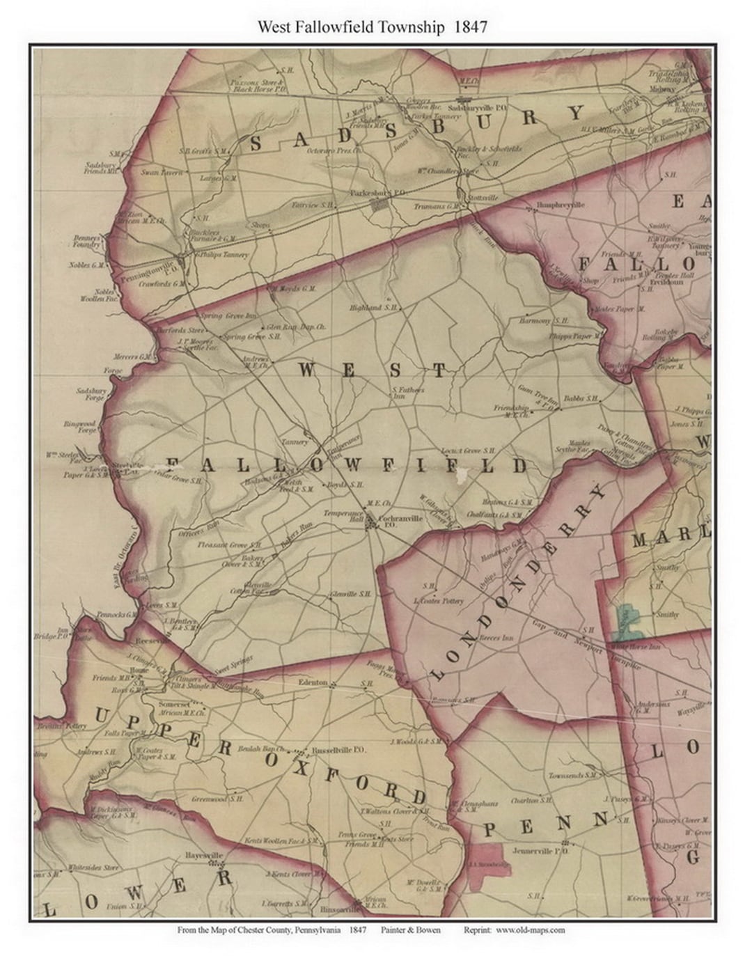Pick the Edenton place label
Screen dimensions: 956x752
[x=313, y=682]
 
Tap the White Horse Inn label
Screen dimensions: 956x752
[x=646, y=647]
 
